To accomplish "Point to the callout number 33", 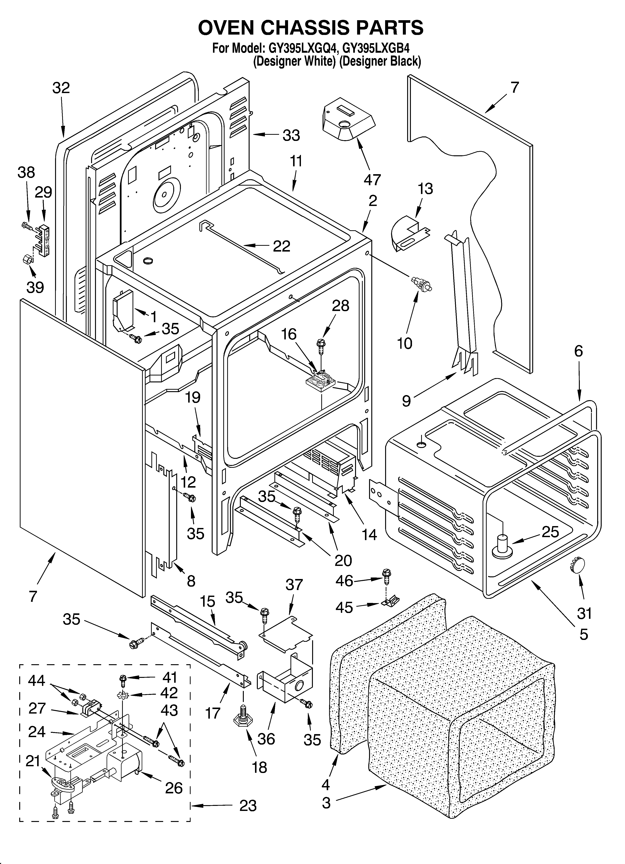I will pos(291,135).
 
